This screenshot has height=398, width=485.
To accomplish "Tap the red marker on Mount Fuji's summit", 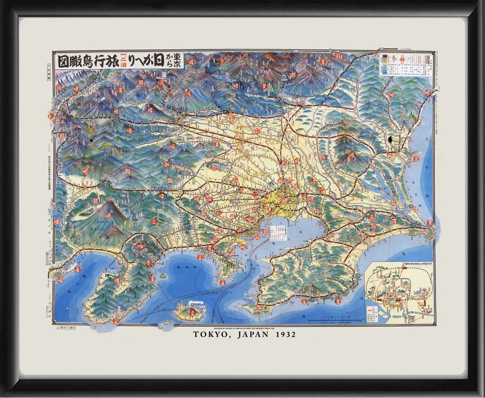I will [x=108, y=215].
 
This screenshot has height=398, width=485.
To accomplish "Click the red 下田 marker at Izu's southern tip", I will [x=116, y=321].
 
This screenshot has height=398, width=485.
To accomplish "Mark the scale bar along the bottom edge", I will [x=339, y=320].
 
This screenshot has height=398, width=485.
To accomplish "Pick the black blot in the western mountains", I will [x=92, y=140].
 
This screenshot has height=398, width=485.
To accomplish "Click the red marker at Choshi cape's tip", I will [x=430, y=223].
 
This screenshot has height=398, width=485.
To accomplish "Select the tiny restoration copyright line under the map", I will [x=245, y=327].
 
